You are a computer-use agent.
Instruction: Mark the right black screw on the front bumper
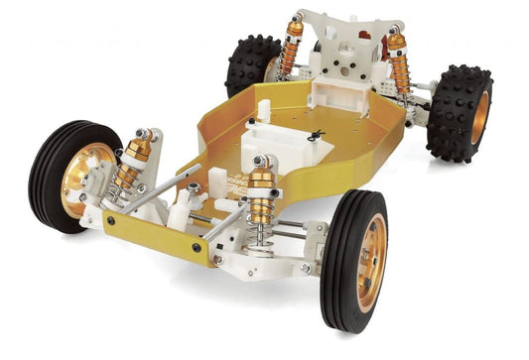tap(196, 246)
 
